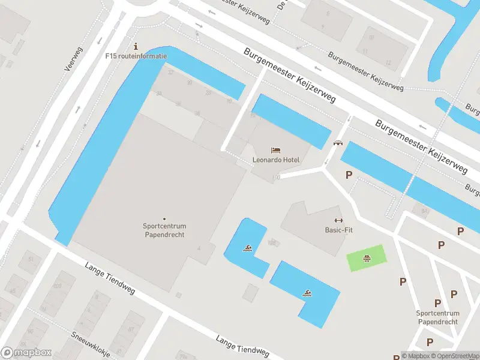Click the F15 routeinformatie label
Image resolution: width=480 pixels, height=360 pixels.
coord(136,56)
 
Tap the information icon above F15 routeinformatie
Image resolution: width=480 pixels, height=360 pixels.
coord(136,46)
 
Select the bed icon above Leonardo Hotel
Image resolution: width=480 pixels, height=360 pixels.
coord(275,150)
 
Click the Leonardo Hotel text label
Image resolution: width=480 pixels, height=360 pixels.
coord(275,160)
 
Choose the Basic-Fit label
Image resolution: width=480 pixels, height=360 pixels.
coord(335,230)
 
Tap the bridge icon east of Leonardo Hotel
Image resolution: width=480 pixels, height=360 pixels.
coord(338,143)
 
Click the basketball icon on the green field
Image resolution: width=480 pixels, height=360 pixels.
coord(366,259)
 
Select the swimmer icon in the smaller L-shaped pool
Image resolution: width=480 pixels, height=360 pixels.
coord(247,247)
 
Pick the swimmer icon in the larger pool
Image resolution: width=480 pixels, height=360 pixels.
coord(307,293)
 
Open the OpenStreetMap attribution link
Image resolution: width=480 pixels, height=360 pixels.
coord(454,356)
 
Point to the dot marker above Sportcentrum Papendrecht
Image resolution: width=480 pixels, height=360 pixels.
coord(164,218)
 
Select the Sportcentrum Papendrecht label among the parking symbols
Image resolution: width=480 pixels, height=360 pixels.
coord(437,317)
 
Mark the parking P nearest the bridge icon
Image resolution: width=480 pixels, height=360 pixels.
coord(348,175)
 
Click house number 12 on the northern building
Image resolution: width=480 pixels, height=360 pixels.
coord(388,62)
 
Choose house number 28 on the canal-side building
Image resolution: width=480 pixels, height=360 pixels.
coord(208,92)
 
